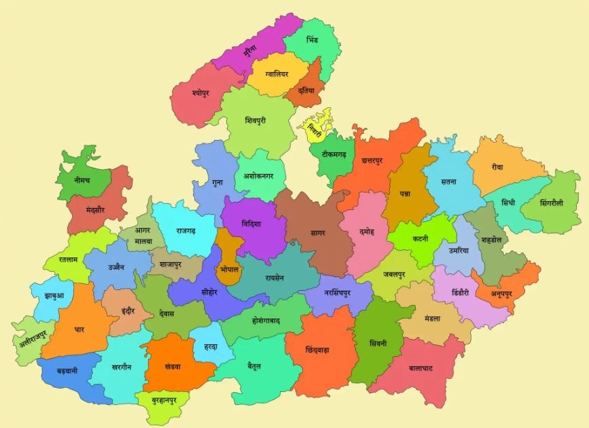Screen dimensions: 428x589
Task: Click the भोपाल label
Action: click(x=229, y=270)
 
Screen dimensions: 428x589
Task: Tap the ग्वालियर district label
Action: click(x=272, y=73)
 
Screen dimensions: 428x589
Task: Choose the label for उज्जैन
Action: click(x=116, y=267)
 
